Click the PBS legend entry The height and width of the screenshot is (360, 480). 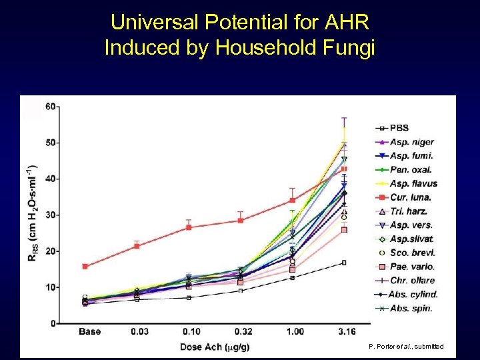click(400, 128)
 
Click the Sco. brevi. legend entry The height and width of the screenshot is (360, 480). click(411, 253)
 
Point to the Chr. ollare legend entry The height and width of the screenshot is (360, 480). click(411, 280)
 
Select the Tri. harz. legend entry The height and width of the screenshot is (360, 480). click(409, 211)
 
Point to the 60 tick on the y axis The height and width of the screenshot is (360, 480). click(50, 106)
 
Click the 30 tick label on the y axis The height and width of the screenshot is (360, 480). click(50, 215)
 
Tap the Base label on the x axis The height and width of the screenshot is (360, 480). click(90, 331)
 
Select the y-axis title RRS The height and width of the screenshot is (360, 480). click(32, 213)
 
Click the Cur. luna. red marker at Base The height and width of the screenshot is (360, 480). click(85, 266)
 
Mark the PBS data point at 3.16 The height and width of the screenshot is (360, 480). click(344, 263)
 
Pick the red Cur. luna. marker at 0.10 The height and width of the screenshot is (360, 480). click(189, 227)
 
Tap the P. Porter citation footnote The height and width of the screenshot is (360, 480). click(405, 347)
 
